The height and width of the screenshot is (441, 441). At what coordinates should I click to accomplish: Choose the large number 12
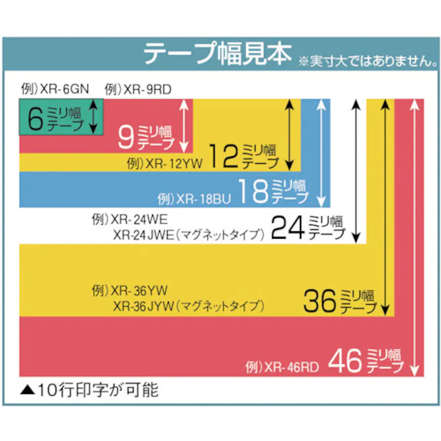click(x=223, y=156)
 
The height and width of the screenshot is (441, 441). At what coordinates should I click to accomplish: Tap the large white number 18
click(x=254, y=192)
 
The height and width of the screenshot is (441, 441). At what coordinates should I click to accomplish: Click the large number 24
click(x=288, y=227)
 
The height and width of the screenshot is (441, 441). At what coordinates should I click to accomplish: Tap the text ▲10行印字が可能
click(x=90, y=390)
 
